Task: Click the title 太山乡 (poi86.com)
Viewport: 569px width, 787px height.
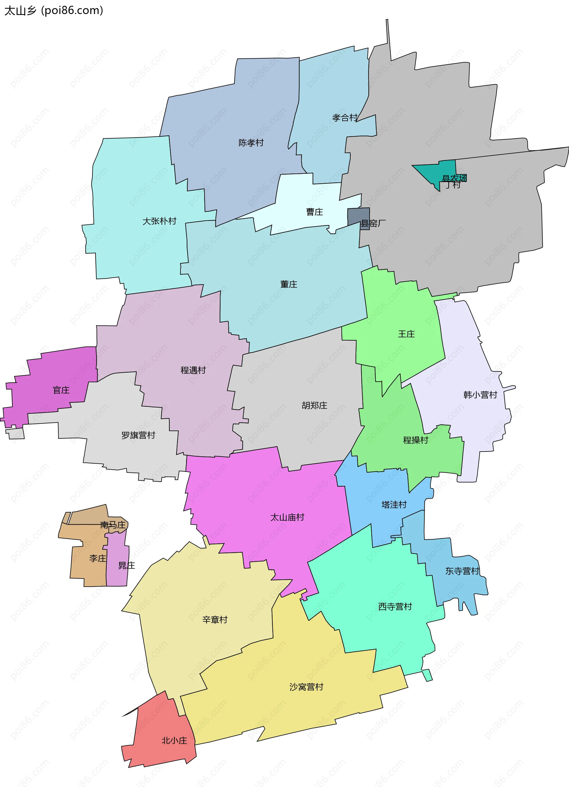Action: tap(54, 11)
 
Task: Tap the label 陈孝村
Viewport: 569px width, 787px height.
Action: tap(251, 143)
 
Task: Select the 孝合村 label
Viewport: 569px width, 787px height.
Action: tap(345, 118)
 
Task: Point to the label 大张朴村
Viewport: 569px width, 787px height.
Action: tap(159, 221)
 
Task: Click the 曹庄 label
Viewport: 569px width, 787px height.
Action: tap(314, 212)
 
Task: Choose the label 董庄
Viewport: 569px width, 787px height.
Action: tap(289, 285)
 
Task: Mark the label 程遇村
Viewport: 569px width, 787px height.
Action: tap(193, 370)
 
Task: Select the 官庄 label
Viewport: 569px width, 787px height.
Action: tap(61, 390)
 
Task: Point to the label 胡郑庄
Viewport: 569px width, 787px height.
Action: tap(314, 405)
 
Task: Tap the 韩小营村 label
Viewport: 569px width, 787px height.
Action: tap(480, 395)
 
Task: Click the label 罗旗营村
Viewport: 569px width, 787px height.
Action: tap(138, 435)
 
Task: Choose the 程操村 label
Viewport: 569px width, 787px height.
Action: tap(415, 440)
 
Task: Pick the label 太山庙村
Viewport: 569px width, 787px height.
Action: tap(287, 517)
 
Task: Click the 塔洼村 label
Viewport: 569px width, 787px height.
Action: tap(394, 505)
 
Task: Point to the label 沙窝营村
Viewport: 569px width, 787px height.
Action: tap(306, 687)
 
